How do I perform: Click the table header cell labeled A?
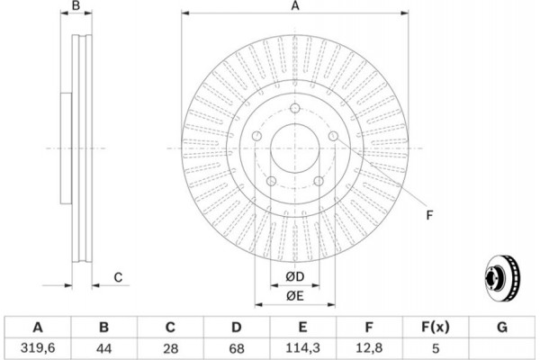click(39, 326)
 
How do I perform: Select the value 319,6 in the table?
click(39, 346)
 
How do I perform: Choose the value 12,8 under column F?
click(368, 346)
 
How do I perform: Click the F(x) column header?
click(435, 326)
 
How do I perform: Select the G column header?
click(500, 326)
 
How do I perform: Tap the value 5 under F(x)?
click(435, 346)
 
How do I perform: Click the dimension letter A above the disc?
click(294, 7)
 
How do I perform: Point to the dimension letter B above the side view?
click(76, 7)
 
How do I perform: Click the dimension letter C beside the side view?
click(118, 277)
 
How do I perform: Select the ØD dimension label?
click(294, 275)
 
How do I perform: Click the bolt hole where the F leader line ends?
click(333, 135)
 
